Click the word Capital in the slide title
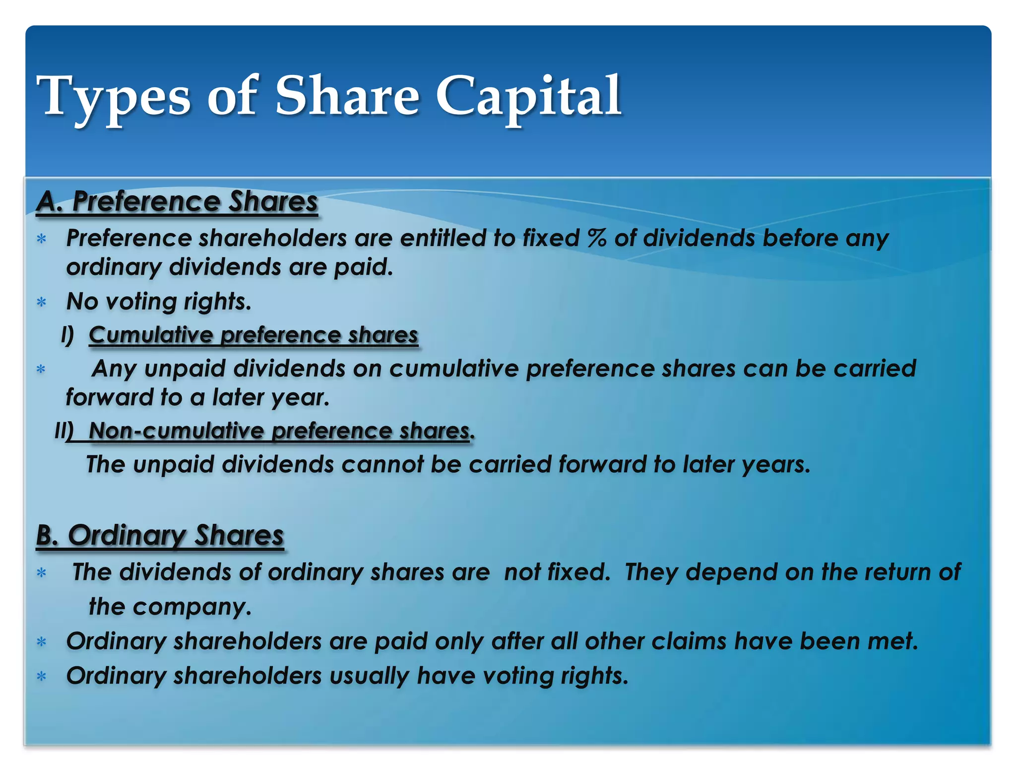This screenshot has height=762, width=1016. [x=528, y=97]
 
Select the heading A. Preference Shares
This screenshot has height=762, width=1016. [x=177, y=202]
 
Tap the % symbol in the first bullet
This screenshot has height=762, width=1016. [x=597, y=238]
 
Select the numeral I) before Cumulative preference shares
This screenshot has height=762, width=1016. [x=67, y=335]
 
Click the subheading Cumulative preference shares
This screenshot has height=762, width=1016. [x=254, y=335]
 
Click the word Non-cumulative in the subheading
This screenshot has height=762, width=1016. [x=176, y=431]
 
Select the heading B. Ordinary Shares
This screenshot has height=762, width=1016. [x=160, y=536]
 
